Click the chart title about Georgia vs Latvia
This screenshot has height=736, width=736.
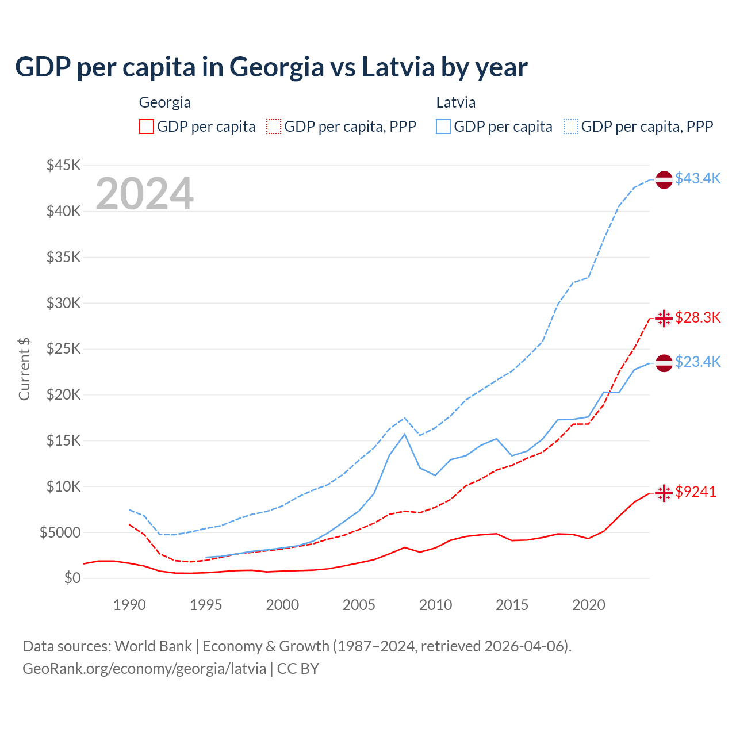(x=271, y=67)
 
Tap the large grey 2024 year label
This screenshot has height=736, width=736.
(x=144, y=194)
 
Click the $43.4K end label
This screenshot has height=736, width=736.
(x=697, y=178)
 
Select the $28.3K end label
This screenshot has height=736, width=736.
(x=697, y=317)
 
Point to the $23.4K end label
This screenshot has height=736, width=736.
(x=697, y=362)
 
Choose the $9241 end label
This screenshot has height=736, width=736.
(x=695, y=492)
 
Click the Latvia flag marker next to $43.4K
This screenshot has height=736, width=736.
(x=664, y=179)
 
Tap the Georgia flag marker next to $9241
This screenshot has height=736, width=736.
(x=664, y=493)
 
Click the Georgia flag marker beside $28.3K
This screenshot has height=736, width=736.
(x=664, y=318)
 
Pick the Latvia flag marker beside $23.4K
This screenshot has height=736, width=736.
(x=664, y=363)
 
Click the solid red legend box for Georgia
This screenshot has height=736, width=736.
(x=147, y=126)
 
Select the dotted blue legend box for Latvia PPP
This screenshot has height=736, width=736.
(x=571, y=126)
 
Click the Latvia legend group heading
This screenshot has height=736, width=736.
(x=455, y=102)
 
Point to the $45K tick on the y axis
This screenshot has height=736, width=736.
(x=63, y=166)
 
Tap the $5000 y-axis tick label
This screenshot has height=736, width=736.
(x=60, y=532)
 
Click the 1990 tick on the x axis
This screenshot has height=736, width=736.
(x=129, y=605)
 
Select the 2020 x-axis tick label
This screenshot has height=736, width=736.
(x=588, y=605)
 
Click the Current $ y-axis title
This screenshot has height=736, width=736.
(x=24, y=369)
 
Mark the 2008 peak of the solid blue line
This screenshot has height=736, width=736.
(x=405, y=434)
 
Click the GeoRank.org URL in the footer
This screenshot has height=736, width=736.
(x=144, y=669)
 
